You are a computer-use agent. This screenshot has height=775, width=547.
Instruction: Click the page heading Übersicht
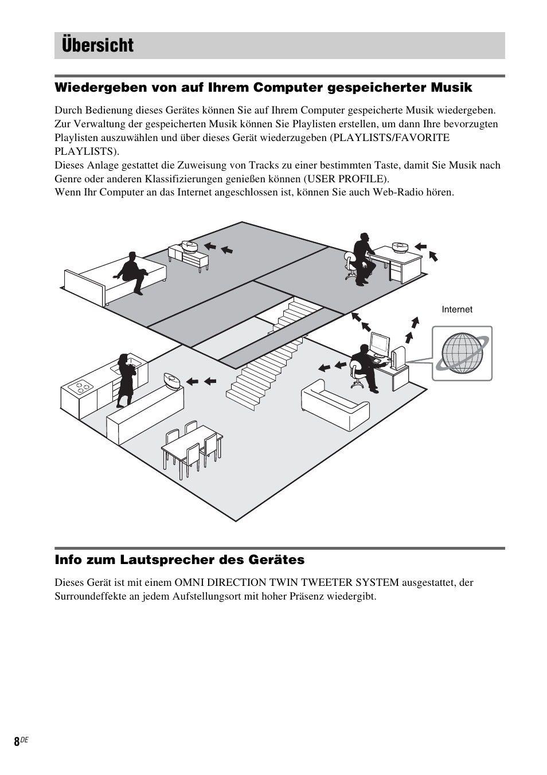point(97,45)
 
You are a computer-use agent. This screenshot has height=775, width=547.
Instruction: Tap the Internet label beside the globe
point(457,310)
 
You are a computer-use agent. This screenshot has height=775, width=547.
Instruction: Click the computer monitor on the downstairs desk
point(380,344)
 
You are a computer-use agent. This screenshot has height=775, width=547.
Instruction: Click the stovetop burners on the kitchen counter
point(80,387)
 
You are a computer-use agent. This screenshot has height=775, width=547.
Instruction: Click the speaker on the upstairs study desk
point(400,248)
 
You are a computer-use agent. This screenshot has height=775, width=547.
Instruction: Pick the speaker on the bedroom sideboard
point(189,246)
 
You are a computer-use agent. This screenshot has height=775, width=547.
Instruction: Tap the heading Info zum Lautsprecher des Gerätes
point(179,559)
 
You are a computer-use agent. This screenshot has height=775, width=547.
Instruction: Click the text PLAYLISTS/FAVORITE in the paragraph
point(390,138)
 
